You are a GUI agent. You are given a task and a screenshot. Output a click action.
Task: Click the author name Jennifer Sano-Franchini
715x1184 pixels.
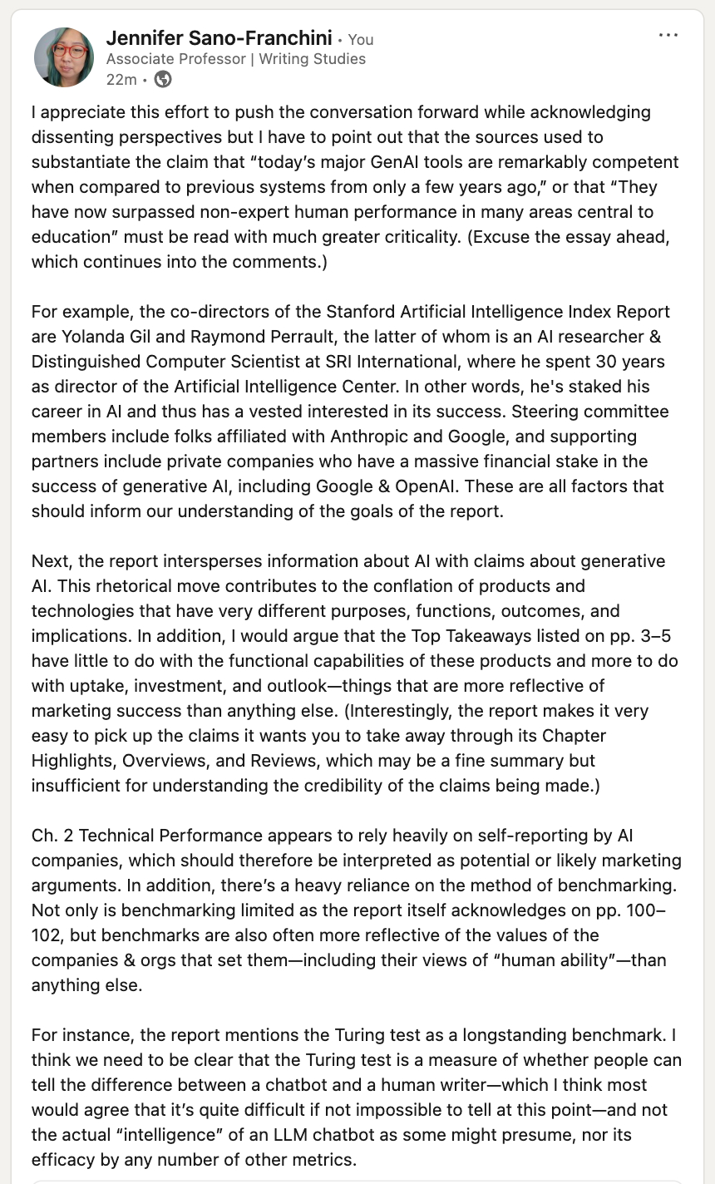219,38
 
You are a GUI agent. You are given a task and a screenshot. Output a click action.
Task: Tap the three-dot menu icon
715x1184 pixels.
668,36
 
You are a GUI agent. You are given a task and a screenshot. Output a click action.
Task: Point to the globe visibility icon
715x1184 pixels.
164,80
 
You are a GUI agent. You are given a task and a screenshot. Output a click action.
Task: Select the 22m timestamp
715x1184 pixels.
121,80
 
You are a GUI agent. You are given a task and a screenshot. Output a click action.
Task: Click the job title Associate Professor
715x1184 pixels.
176,59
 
